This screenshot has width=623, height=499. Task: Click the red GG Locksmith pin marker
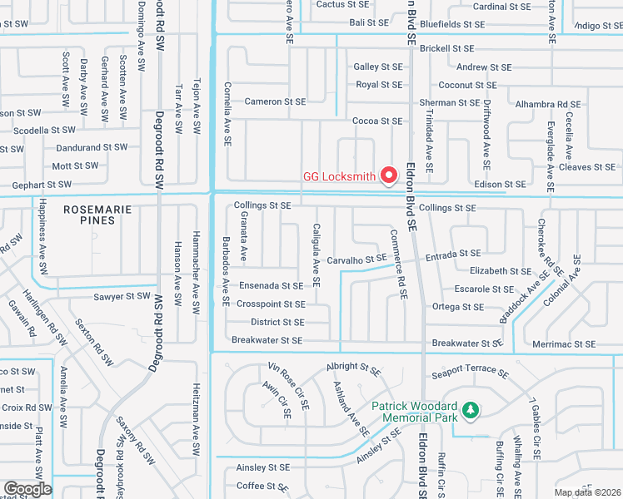tap(388, 175)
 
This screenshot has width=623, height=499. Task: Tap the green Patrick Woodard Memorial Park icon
tap(471, 410)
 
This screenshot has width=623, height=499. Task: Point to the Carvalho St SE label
tap(356, 260)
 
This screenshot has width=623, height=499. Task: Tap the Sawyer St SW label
tap(122, 296)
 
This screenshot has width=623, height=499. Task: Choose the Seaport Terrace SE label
tap(470, 370)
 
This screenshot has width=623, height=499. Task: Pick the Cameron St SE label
tap(275, 101)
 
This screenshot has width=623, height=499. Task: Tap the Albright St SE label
tap(353, 366)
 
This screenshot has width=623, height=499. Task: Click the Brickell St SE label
tap(446, 49)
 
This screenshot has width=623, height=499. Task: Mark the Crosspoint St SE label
tap(271, 304)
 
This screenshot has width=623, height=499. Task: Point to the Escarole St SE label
tap(484, 289)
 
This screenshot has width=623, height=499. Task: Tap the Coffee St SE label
tap(262, 486)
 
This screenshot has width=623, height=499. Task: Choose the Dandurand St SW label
tap(92, 147)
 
